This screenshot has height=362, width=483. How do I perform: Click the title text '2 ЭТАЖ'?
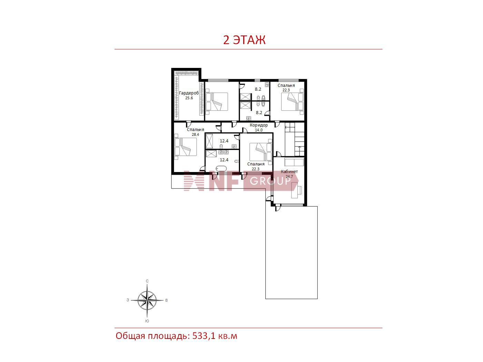tap(244, 40)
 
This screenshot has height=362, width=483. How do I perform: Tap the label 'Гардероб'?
tap(189, 93)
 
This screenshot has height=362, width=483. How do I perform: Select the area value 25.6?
tap(189, 98)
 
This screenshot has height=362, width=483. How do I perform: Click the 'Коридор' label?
tap(258, 125)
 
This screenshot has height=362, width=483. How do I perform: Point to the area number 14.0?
tap(258, 130)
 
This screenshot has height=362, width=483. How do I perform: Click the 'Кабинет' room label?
tap(289, 172)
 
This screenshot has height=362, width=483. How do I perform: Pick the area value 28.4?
tap(195, 134)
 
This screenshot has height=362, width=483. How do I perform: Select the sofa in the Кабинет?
tap(294, 162)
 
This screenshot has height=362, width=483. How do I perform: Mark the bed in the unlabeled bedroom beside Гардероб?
tap(217, 102)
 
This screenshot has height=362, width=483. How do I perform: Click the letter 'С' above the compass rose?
tap(147, 281)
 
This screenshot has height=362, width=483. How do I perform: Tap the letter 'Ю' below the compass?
tap(147, 321)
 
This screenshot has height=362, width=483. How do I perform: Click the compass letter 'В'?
tap(166, 300)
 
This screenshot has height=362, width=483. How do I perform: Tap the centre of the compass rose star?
tap(147, 300)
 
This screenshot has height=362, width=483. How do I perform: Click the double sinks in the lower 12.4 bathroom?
tap(223, 152)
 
